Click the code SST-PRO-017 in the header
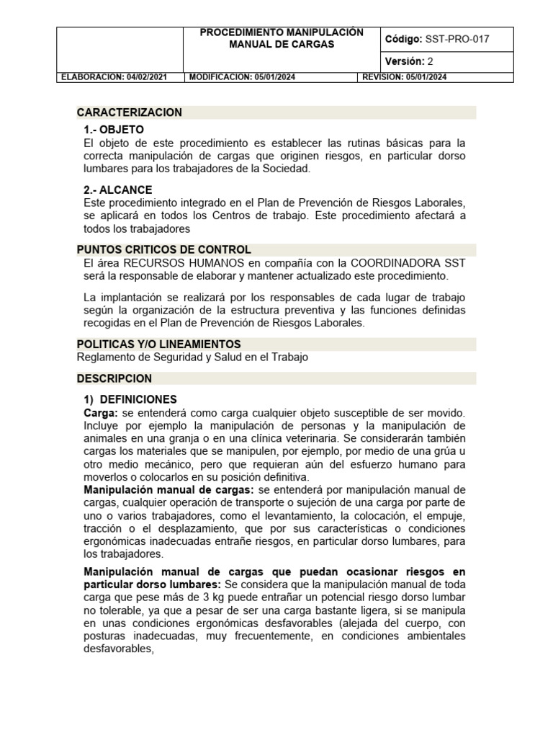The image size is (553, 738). click(x=459, y=40)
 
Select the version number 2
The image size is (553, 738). click(x=431, y=61)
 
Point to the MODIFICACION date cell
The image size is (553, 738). click(x=271, y=77)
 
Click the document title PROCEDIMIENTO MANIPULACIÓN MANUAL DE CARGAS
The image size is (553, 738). click(x=282, y=39)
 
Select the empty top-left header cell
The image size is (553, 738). click(x=120, y=50)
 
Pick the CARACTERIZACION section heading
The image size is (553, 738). click(x=130, y=112)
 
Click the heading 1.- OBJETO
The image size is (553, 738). click(x=114, y=130)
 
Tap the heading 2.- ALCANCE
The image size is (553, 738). click(x=118, y=190)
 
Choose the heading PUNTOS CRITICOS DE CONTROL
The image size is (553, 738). click(x=163, y=250)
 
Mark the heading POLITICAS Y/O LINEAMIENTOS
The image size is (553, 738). click(x=158, y=344)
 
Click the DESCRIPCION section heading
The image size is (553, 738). click(x=114, y=378)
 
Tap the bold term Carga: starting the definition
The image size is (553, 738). click(x=101, y=412)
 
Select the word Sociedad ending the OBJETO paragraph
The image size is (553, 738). click(x=286, y=169)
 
